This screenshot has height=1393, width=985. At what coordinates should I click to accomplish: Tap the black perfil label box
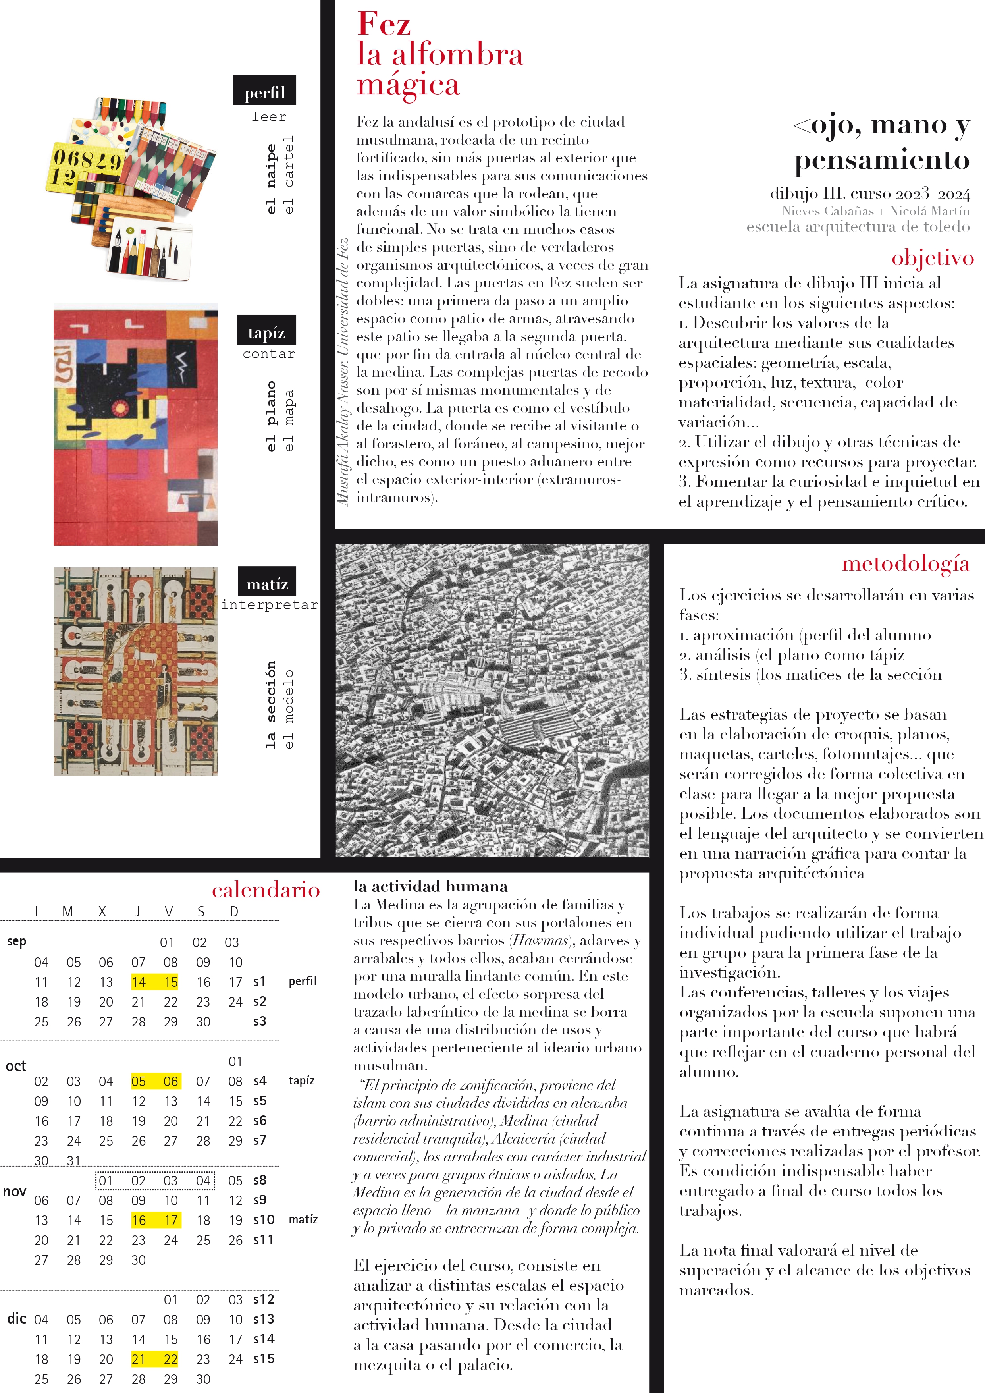click(264, 91)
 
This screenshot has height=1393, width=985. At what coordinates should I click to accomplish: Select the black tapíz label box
click(266, 331)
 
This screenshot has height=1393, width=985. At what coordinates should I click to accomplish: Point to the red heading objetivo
click(932, 258)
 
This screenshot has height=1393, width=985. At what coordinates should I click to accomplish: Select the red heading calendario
click(266, 890)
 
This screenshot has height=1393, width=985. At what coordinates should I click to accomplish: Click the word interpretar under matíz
click(269, 605)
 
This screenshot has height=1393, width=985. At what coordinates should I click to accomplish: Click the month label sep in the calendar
click(17, 941)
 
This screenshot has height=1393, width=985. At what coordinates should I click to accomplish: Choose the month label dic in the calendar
click(17, 1318)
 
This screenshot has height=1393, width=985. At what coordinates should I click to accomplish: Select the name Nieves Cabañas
click(827, 211)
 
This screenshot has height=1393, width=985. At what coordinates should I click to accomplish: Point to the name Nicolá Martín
click(929, 211)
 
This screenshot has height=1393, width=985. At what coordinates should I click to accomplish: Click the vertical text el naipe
click(271, 179)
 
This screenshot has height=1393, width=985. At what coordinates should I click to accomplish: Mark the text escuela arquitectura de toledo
click(858, 227)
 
